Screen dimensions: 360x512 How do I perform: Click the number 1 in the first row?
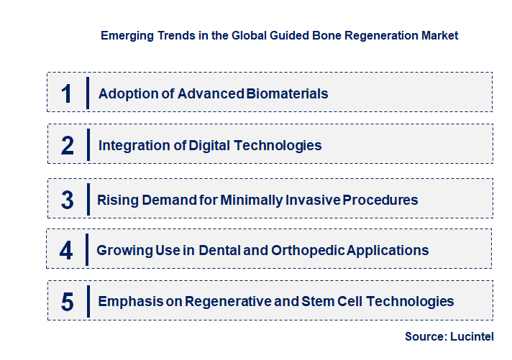[67, 93]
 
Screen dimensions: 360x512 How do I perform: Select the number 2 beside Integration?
[68, 145]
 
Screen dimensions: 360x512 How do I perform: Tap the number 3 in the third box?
[68, 200]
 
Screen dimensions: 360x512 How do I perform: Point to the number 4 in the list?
[67, 250]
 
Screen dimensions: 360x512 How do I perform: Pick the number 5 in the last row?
[68, 302]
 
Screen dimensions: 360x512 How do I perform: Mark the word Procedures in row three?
[381, 200]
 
